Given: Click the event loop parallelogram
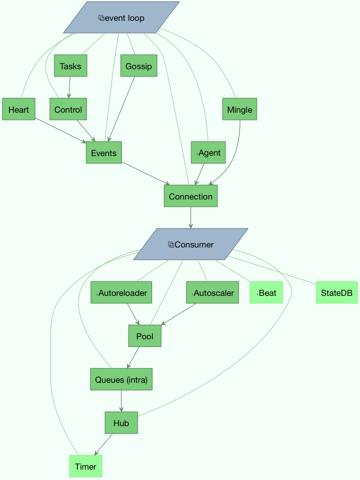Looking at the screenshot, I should pos(121,18).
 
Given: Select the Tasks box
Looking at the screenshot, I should pos(70,66).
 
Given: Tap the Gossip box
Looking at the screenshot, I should pos(139,66).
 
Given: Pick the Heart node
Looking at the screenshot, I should pos(19,109).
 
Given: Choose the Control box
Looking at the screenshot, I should pos(68,109).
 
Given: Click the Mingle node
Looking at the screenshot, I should pos(240,109).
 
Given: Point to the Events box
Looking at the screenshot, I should pos(104,153).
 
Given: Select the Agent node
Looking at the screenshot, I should pos(208,153).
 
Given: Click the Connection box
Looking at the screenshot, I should pos(191,196).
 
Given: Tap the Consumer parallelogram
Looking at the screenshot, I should pos(191,244).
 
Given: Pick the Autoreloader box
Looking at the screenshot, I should pos(121,293).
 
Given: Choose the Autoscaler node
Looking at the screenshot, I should pos(212,293).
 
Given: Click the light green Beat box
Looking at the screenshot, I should pos(266,293).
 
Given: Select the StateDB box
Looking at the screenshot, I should pos(336,293).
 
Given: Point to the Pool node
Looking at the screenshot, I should pos(144,336).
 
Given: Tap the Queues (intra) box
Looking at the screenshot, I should pos(121,380).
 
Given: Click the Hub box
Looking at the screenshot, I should pos(121,423).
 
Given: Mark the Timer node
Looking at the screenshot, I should pos(86,466).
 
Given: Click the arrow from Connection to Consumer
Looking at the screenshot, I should pos(191,218).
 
